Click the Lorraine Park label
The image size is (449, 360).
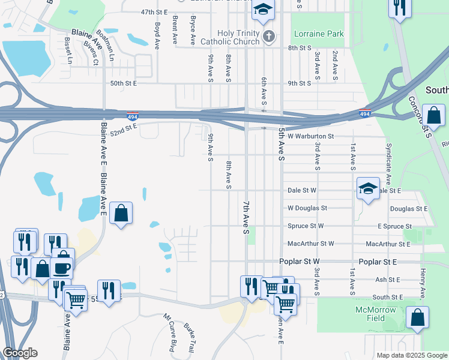(x=318, y=34)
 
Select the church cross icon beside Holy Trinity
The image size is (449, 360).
(x=269, y=37)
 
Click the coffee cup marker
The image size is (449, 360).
(x=62, y=266)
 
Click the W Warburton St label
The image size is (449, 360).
(x=310, y=136)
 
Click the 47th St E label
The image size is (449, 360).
(x=154, y=12)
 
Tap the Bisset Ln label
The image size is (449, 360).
(x=67, y=50)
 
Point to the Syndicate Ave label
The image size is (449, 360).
(x=389, y=158)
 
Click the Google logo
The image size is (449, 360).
(x=20, y=353)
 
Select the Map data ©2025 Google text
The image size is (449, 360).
(x=411, y=355)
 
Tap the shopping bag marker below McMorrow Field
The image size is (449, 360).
(x=417, y=317)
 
